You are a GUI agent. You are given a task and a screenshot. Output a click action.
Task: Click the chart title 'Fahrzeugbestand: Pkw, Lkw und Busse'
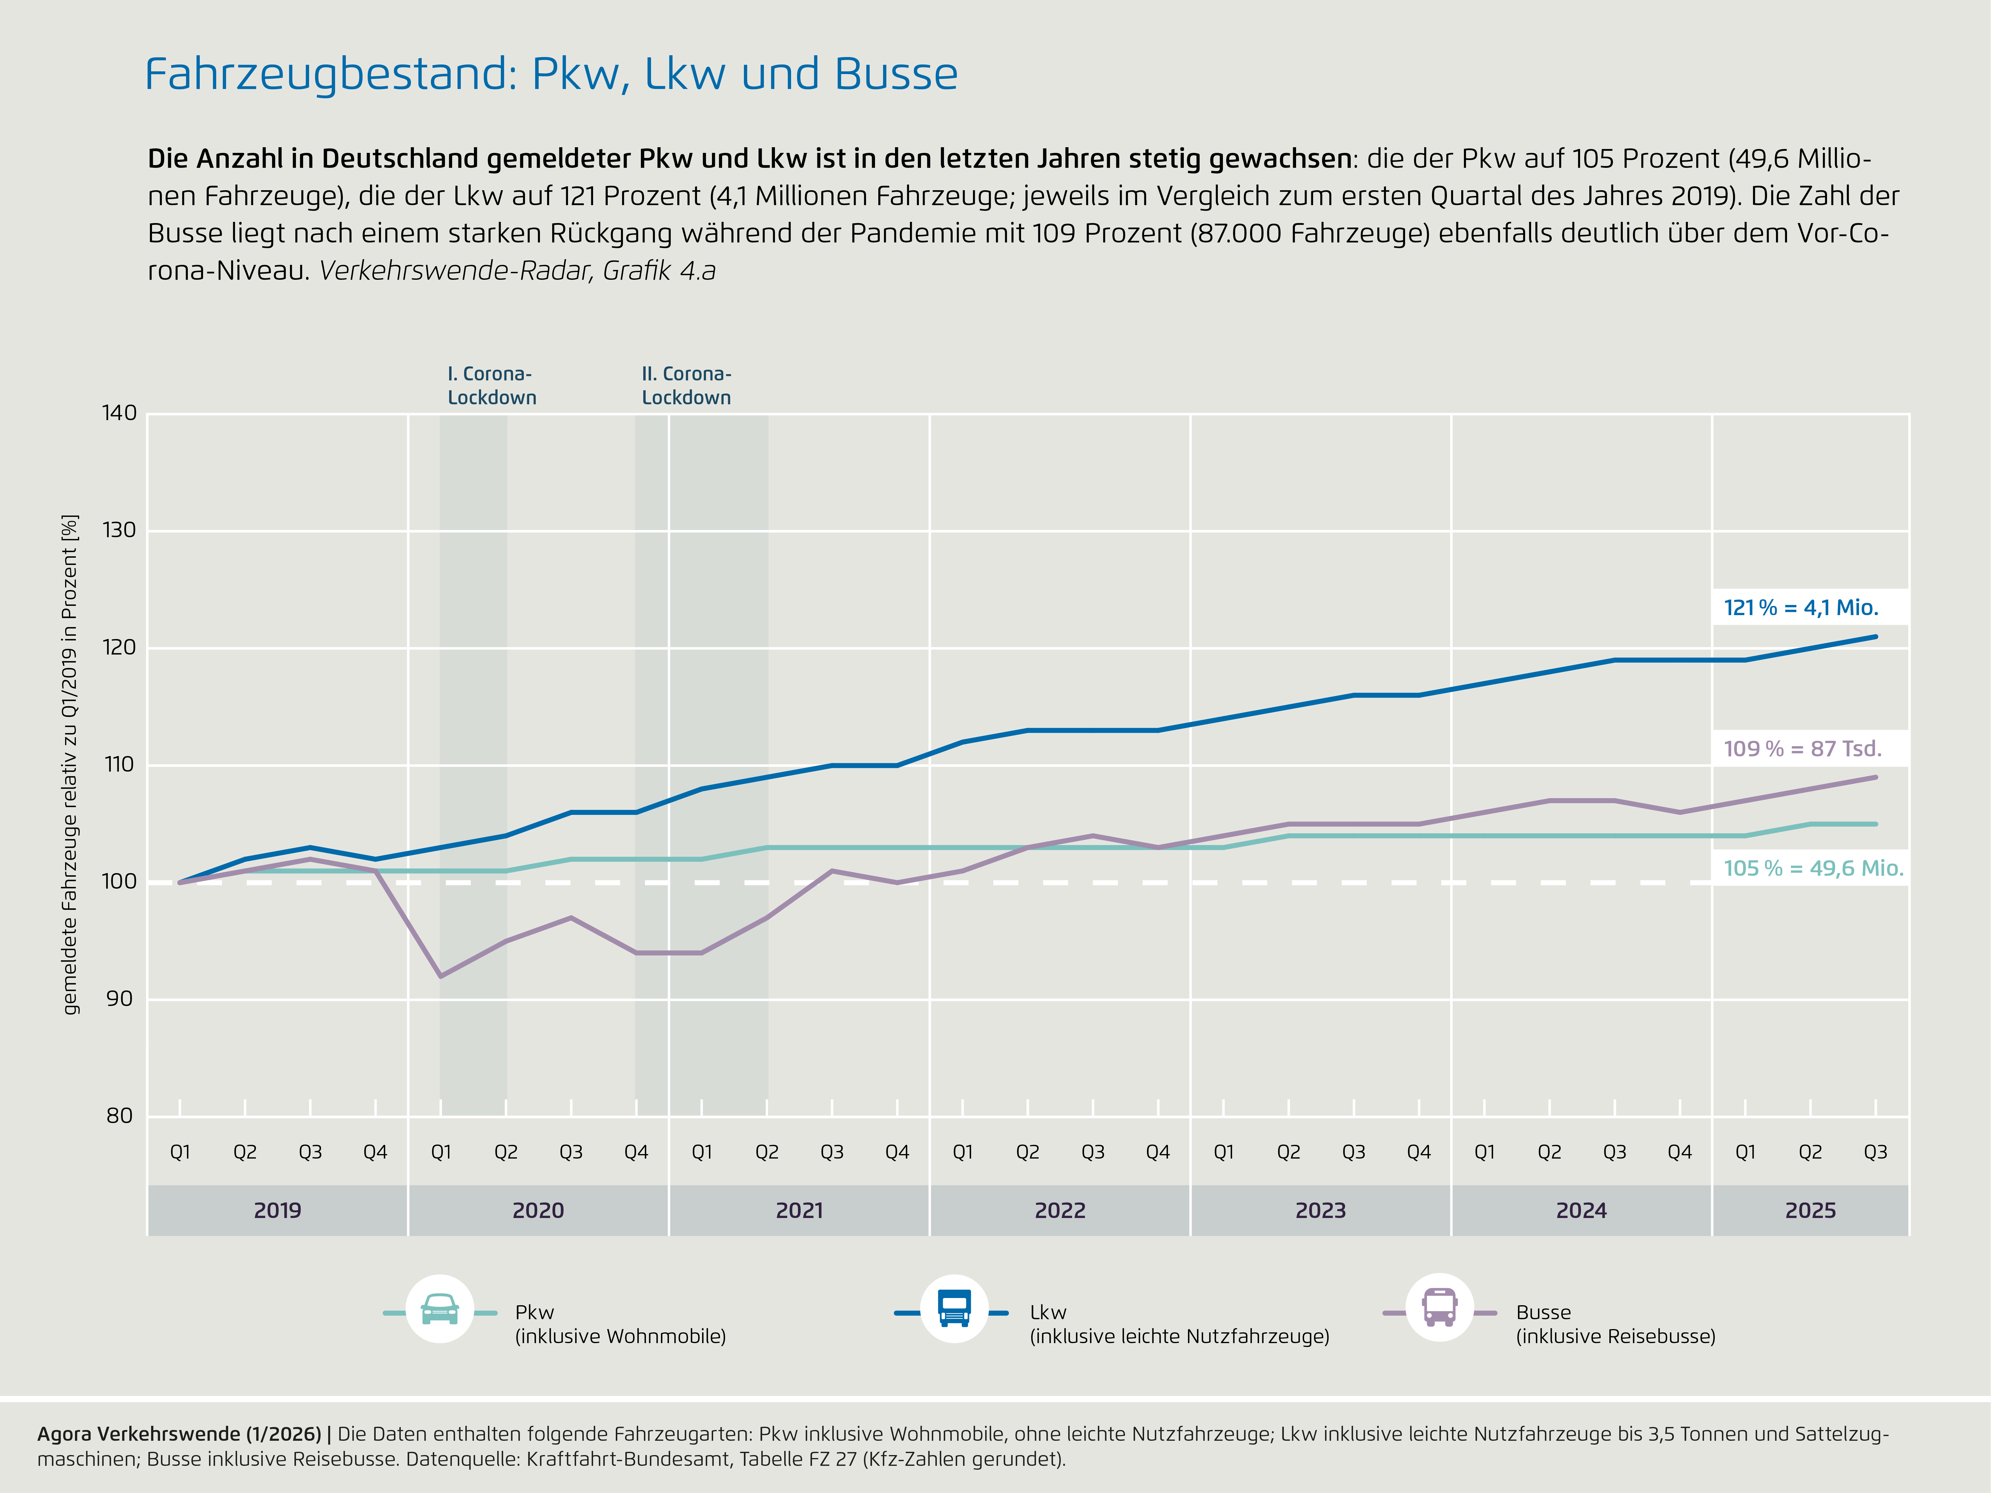pos(551,74)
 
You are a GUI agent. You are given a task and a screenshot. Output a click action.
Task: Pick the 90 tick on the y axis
pos(119,999)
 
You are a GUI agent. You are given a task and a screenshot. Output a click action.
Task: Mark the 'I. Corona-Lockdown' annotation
pos(492,385)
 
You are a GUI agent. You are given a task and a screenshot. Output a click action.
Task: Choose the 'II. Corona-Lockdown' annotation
pos(686,385)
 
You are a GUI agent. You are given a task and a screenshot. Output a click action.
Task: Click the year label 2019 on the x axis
pos(277,1211)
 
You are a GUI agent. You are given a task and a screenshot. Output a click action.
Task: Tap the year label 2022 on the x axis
pos(1059,1211)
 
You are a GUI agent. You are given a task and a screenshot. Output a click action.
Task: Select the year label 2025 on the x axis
pos(1810,1211)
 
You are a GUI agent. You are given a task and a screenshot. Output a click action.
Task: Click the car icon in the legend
pos(440,1309)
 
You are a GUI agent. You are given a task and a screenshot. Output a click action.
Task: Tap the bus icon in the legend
pos(1439,1308)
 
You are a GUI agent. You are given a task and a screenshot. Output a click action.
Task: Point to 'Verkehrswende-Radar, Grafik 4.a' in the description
pos(518,271)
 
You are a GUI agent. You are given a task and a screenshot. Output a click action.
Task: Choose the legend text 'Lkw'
pos(1048,1312)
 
